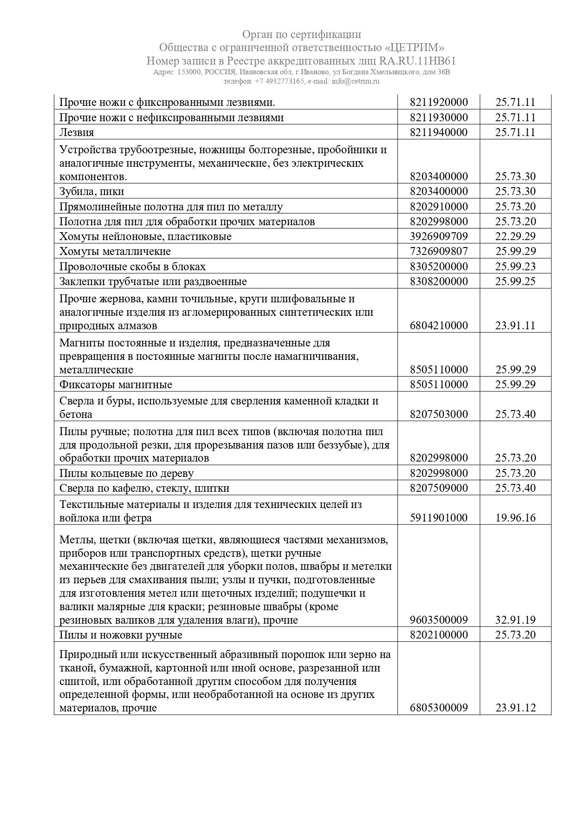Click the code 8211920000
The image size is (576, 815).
[439, 102]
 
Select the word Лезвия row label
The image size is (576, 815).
[77, 132]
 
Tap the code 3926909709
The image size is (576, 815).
[439, 236]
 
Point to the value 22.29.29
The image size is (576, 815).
[515, 236]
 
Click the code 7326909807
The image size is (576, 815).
[439, 251]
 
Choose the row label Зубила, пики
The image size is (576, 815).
[91, 192]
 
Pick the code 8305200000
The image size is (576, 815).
[439, 267]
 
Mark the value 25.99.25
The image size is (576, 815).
[515, 281]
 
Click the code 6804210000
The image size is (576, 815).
[439, 326]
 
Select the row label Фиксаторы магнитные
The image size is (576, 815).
[116, 385]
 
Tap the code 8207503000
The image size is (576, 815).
[439, 414]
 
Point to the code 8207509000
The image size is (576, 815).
[439, 488]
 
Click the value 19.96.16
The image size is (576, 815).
[515, 518]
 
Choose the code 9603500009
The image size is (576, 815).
[439, 620]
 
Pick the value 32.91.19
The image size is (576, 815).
[515, 620]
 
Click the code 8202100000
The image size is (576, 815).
[439, 635]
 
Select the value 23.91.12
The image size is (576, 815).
[515, 708]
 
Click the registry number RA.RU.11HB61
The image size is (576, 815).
[417, 61]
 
